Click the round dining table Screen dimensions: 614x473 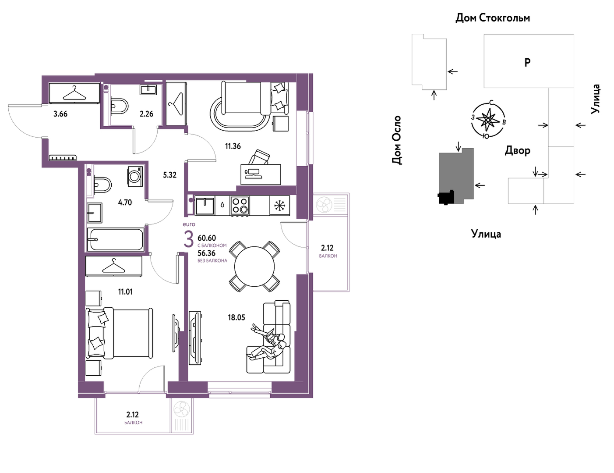click(x=254, y=267)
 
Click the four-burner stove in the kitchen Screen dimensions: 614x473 click(x=239, y=206)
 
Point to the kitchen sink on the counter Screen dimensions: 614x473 click(x=205, y=206)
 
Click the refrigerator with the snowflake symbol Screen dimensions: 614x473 click(x=280, y=206)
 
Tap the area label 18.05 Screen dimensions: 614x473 click(x=236, y=317)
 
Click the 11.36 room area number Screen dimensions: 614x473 click(x=233, y=146)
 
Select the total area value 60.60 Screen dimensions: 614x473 click(x=207, y=238)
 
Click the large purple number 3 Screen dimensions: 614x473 click(x=189, y=239)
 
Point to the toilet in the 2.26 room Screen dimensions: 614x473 click(x=120, y=107)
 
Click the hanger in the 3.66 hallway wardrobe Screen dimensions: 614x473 click(x=74, y=93)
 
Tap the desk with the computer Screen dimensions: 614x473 click(x=261, y=174)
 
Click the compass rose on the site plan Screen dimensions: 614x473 click(x=488, y=120)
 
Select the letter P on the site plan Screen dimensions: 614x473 click(x=527, y=63)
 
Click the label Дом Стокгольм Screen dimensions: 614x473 click(x=493, y=18)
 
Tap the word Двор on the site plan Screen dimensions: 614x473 click(x=517, y=151)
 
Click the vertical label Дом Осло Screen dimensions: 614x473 click(x=397, y=140)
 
